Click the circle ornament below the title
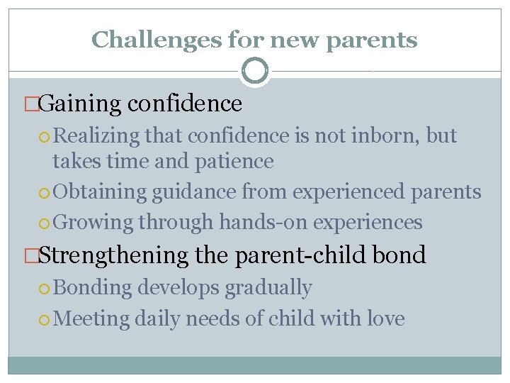tap(255, 71)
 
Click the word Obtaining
tap(96, 192)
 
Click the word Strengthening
tap(114, 255)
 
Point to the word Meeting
tap(91, 318)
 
